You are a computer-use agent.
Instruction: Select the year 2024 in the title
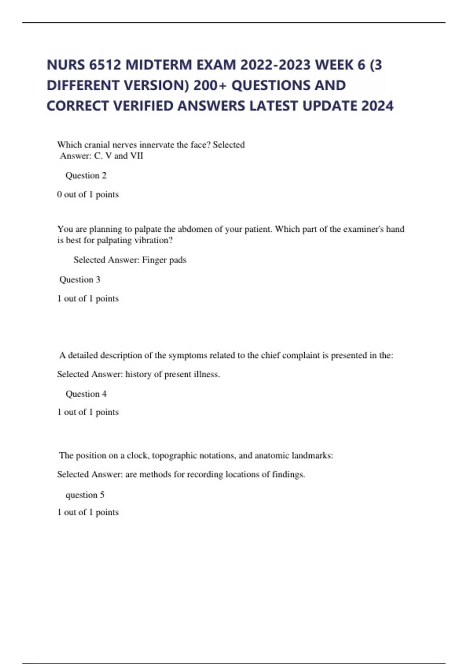377,106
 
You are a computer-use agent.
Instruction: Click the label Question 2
86,175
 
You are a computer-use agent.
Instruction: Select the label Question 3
80,280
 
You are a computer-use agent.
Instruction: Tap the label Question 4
86,394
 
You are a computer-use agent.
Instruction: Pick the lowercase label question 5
85,495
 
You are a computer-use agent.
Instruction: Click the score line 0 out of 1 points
88,195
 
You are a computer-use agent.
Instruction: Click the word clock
137,455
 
